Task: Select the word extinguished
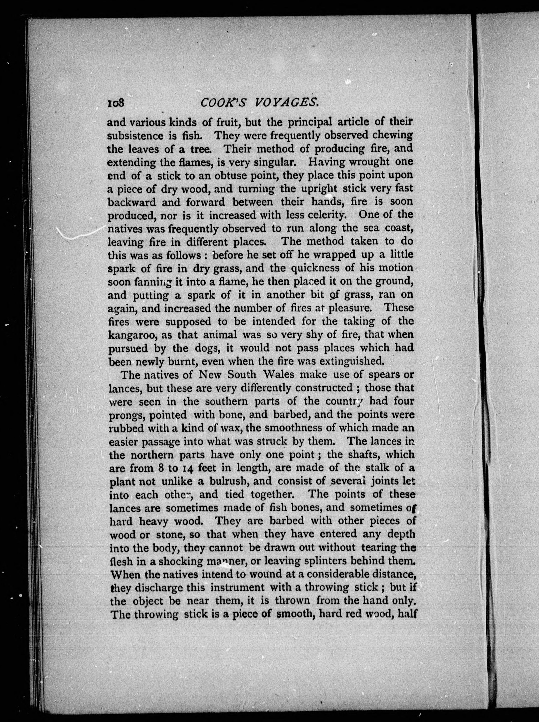[347, 361]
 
